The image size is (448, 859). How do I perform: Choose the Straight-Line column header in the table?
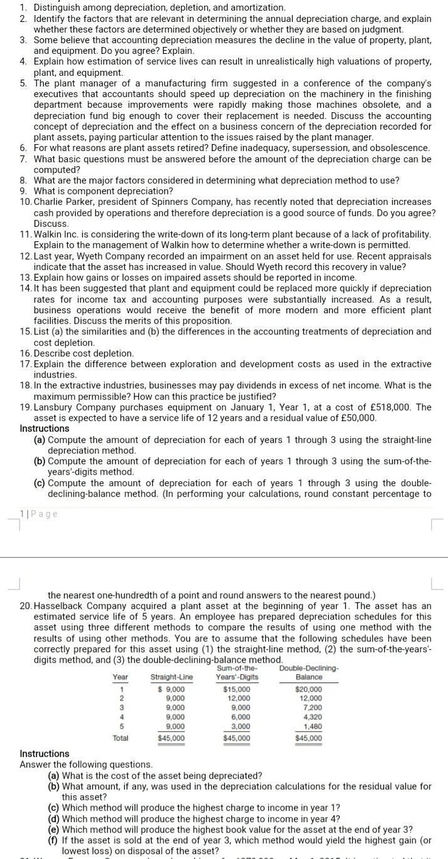click(172, 677)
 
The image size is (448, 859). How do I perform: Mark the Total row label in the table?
click(121, 738)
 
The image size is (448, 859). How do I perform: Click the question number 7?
click(23, 159)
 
